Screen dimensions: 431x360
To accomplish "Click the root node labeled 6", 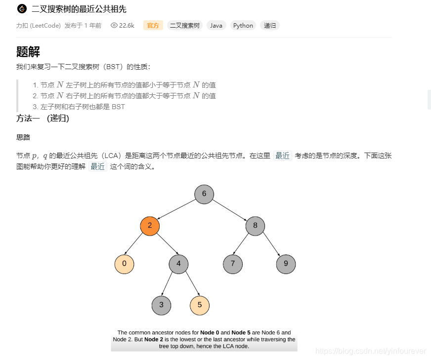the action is [x=204, y=194].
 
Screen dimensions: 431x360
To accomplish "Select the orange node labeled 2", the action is [x=150, y=226].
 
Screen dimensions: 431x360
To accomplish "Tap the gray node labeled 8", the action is [x=255, y=226].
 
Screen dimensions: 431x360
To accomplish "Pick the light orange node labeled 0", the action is [x=124, y=264].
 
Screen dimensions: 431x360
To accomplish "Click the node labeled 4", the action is [x=178, y=264].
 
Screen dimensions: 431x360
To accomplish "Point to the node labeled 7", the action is [x=233, y=264].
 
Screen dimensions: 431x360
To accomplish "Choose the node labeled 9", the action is [x=286, y=264].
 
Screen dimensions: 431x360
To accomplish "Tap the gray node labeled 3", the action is [x=161, y=305].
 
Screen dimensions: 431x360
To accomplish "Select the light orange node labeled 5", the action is [x=200, y=305].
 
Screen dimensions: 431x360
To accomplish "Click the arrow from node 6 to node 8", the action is [x=230, y=210].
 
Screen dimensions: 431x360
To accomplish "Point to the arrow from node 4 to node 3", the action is [x=170, y=284].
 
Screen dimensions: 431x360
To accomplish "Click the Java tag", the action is [x=216, y=26].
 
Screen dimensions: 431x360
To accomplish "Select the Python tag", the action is [x=243, y=26].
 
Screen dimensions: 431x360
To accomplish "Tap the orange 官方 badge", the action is [x=153, y=26].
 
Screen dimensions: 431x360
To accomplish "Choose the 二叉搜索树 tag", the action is [x=185, y=26].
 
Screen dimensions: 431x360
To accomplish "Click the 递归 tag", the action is [x=270, y=26].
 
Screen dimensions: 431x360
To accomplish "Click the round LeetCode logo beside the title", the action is [x=21, y=9].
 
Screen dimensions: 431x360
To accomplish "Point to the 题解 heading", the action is [x=28, y=52].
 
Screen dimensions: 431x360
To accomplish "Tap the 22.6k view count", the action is [x=123, y=26].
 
